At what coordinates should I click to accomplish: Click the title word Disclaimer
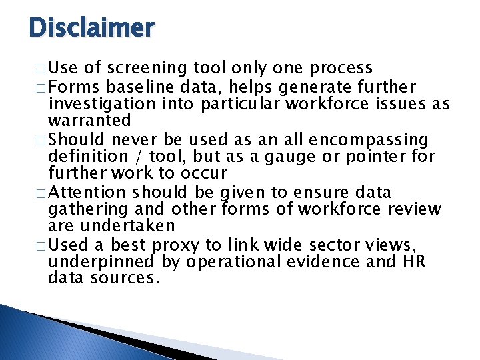(92, 27)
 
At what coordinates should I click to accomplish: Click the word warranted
(89, 121)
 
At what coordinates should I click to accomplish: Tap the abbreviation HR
(409, 261)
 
